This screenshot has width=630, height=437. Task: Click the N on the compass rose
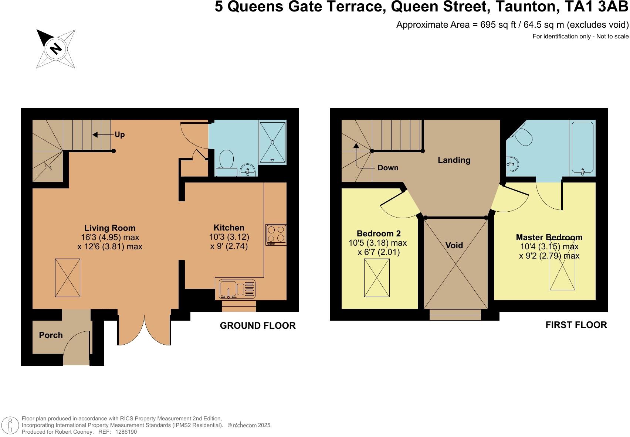click(x=56, y=49)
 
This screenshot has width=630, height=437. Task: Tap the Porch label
click(x=51, y=335)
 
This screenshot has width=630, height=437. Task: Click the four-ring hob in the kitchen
click(x=276, y=235)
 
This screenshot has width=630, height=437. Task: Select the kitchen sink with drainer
click(x=237, y=289)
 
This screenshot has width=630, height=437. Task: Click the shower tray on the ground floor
click(x=273, y=142)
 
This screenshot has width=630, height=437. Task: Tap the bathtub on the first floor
click(x=582, y=148)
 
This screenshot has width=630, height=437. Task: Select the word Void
click(x=454, y=245)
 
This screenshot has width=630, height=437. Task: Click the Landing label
click(x=454, y=160)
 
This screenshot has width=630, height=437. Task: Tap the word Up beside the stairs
click(x=119, y=135)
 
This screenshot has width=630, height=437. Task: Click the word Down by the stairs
click(x=388, y=168)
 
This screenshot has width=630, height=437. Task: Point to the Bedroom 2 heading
click(x=379, y=233)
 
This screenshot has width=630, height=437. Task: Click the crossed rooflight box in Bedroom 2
click(x=377, y=277)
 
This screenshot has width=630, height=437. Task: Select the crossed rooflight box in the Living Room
click(x=68, y=277)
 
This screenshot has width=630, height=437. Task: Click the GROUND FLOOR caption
click(x=258, y=325)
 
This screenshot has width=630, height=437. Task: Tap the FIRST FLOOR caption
click(x=576, y=325)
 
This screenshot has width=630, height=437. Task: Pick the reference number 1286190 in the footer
click(x=126, y=431)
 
